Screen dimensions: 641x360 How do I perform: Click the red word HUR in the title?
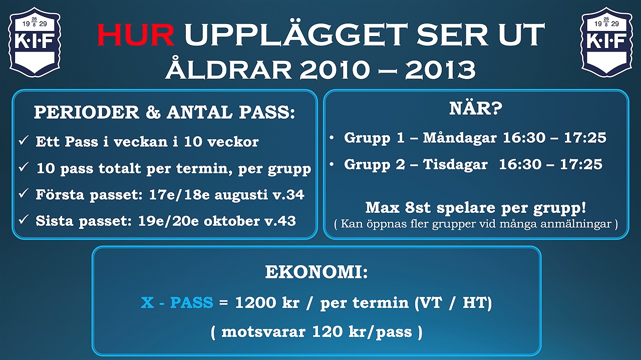[136, 35]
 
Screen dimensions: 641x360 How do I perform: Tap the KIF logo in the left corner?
[35, 42]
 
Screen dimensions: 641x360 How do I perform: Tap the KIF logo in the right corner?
[606, 42]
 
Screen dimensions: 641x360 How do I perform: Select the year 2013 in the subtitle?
[440, 70]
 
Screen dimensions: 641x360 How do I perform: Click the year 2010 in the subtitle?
[335, 70]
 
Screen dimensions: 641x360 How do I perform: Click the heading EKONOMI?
[316, 272]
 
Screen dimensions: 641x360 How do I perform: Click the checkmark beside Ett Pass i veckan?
[24, 140]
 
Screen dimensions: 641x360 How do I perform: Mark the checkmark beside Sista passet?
[24, 219]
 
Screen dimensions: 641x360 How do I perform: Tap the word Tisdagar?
[455, 164]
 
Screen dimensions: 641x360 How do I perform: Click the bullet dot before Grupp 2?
[332, 164]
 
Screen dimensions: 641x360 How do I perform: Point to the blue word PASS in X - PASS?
[192, 302]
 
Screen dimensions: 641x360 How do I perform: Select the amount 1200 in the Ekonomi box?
[255, 302]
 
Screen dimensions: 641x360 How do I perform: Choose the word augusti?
[241, 195]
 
